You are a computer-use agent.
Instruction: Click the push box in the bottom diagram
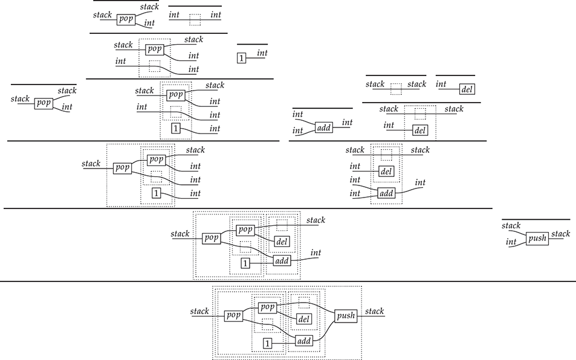[x=346, y=315]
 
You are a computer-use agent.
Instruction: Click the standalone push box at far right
[x=537, y=239]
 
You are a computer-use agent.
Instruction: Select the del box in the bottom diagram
[x=304, y=319]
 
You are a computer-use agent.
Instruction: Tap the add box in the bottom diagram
[x=304, y=341]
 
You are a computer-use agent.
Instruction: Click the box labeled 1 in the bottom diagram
[x=267, y=344]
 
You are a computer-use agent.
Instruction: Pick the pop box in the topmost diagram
[x=126, y=19]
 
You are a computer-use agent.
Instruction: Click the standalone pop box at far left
[x=44, y=103]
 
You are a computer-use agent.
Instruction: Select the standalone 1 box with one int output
[x=242, y=59]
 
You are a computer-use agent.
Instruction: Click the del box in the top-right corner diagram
[x=467, y=90]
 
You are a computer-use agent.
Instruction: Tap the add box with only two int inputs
[x=324, y=127]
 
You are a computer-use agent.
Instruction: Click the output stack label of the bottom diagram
[x=375, y=312]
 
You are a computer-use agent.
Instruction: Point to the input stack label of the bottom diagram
[x=199, y=312]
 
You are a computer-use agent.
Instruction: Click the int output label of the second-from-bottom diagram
[x=316, y=252]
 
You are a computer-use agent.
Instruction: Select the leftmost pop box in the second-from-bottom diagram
[x=211, y=238]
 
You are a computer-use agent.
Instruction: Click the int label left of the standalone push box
[x=511, y=242]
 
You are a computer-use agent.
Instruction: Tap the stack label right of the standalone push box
[x=560, y=234]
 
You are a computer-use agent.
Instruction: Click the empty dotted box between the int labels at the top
[x=195, y=20]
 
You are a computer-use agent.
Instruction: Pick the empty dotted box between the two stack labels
[x=396, y=89]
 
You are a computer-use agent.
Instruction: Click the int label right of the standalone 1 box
[x=262, y=54]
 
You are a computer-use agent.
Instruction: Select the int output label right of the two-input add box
[x=347, y=123]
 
